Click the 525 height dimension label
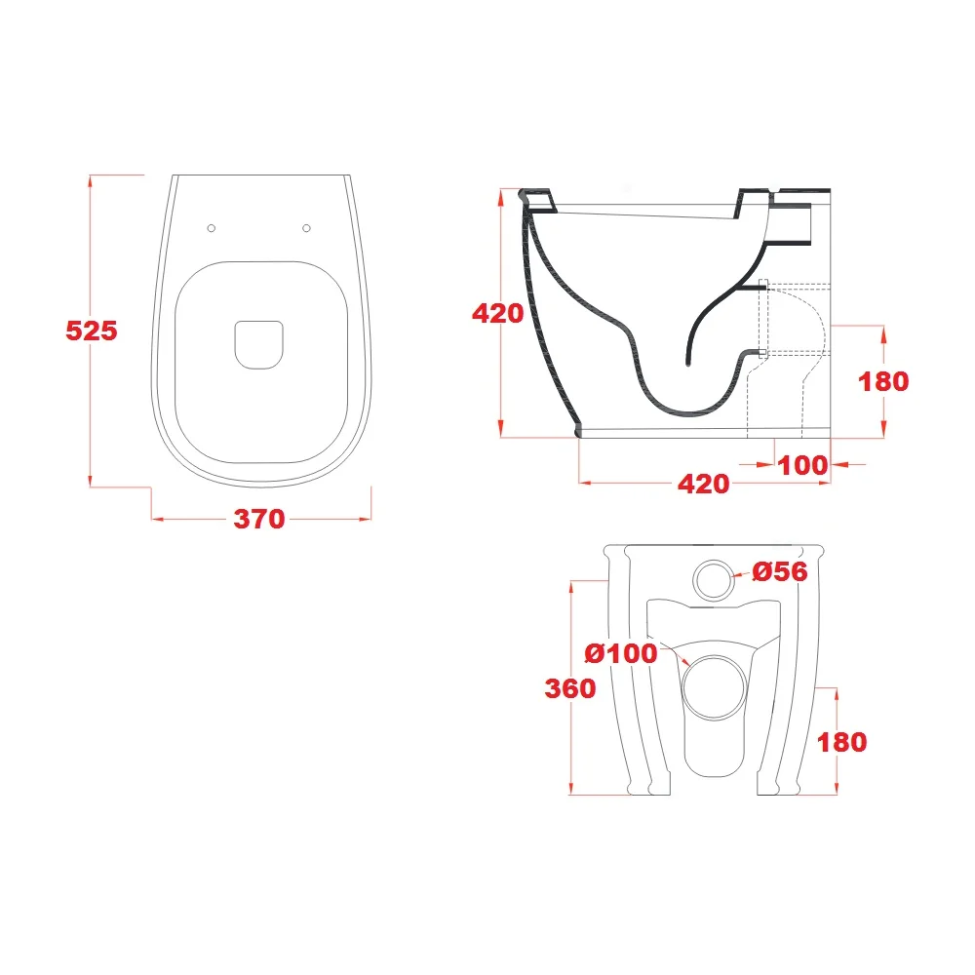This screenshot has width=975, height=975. point(92,331)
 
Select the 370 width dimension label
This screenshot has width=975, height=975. point(259,519)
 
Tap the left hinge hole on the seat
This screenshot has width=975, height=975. point(212,228)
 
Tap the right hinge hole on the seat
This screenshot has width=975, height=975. point(306,228)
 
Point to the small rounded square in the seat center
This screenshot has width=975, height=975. point(259,344)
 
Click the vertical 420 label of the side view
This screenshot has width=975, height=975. point(497,313)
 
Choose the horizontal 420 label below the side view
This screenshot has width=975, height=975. point(703,484)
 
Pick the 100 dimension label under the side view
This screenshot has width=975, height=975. point(802,465)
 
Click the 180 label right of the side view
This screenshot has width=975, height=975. point(883,381)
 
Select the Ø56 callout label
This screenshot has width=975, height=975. point(780,571)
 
